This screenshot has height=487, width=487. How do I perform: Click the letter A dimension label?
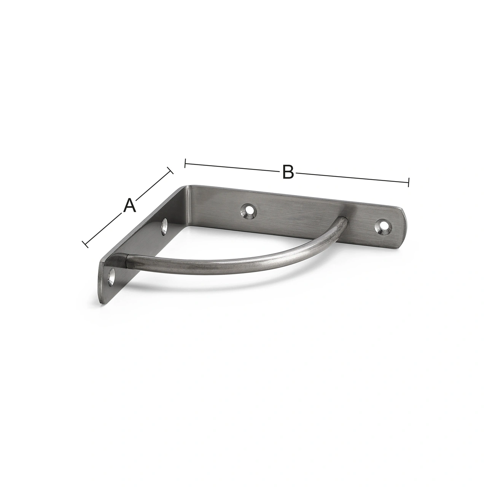pos(130,205)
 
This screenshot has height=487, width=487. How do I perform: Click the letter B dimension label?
pos(288,172)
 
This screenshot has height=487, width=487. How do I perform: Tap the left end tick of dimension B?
pos(185,163)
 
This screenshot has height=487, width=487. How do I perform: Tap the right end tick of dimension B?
pos(408,182)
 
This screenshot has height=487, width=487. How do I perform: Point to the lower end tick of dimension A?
pos(85,244)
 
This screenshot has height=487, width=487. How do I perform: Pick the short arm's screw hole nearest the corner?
pos(165,226)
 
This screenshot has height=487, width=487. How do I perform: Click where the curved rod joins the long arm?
pos(343,221)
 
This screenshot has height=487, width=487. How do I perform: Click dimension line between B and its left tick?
pos(232,167)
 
